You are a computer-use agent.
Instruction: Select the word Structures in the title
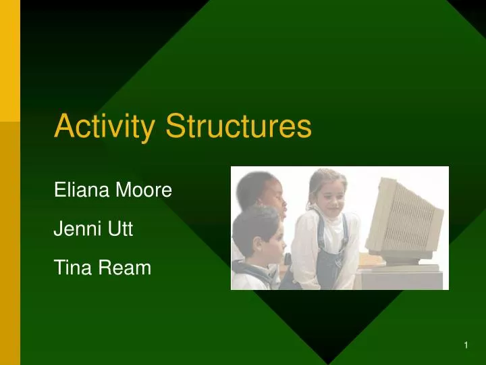[238, 126]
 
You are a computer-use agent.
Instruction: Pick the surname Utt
[120, 230]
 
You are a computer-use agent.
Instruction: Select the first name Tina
[71, 268]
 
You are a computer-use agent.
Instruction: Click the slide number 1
[466, 346]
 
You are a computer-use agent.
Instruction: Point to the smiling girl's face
[327, 195]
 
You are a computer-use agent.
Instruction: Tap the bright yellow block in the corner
[10, 61]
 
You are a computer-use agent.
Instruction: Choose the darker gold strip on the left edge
[10, 243]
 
